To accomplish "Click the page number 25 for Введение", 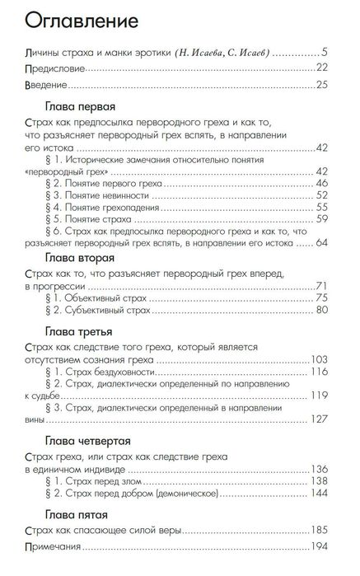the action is click(x=322, y=84).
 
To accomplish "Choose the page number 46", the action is click(x=322, y=182).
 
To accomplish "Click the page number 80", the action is click(x=322, y=310).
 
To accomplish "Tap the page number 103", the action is click(x=320, y=360).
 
